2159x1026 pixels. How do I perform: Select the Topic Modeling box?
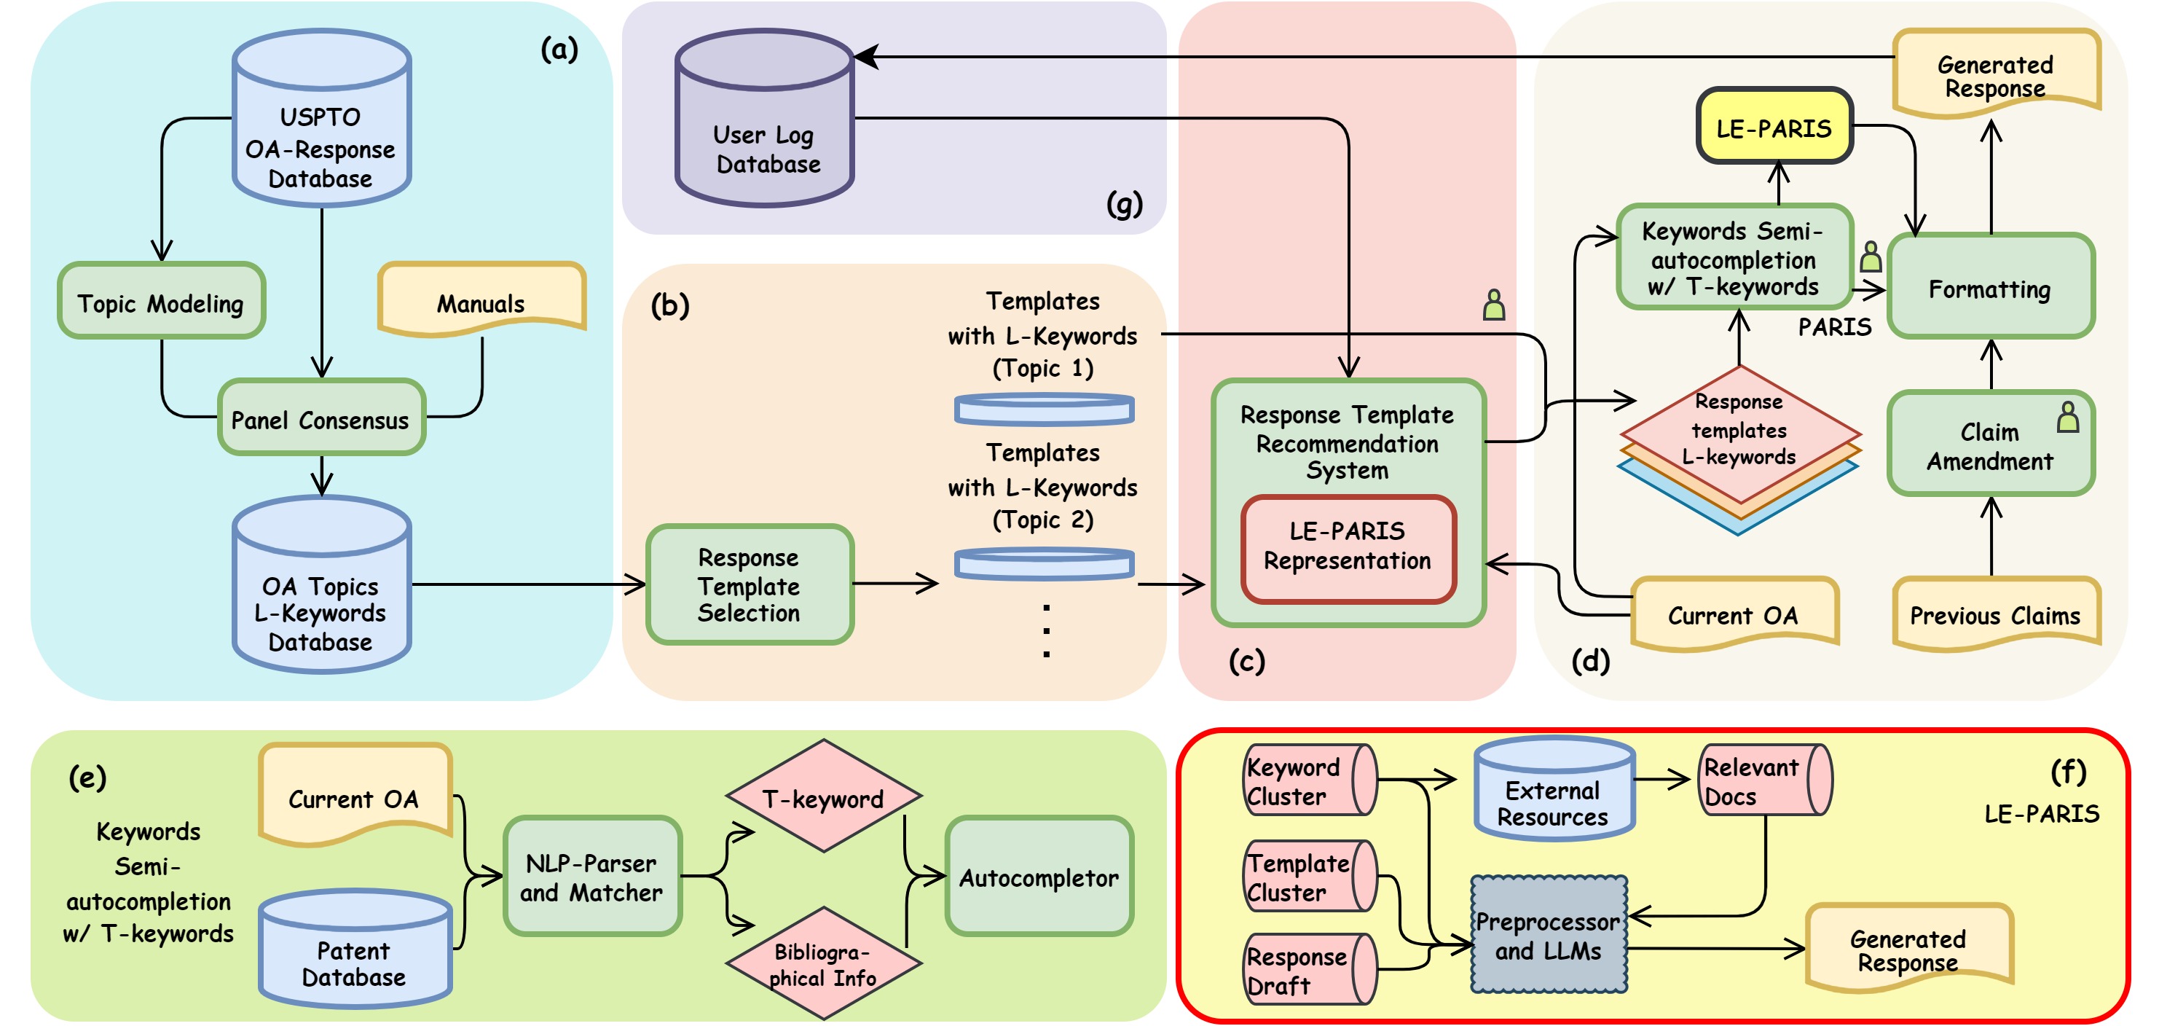tap(161, 302)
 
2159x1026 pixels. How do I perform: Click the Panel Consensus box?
tap(321, 418)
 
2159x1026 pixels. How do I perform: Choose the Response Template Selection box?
tap(750, 584)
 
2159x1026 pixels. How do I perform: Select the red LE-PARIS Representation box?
tap(1348, 547)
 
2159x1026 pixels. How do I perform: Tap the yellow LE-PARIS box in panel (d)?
tap(1774, 128)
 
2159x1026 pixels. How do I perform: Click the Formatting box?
tap(1990, 288)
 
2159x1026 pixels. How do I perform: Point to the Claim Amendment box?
tap(1990, 445)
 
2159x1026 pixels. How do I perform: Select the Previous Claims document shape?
tap(1994, 614)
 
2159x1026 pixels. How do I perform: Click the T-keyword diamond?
tap(823, 797)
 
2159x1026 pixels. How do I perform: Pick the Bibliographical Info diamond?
tap(823, 964)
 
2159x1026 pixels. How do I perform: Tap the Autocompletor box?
tap(1039, 877)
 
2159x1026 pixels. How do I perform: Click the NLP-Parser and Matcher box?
tap(591, 877)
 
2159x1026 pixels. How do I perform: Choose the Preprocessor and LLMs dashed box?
tap(1548, 936)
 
